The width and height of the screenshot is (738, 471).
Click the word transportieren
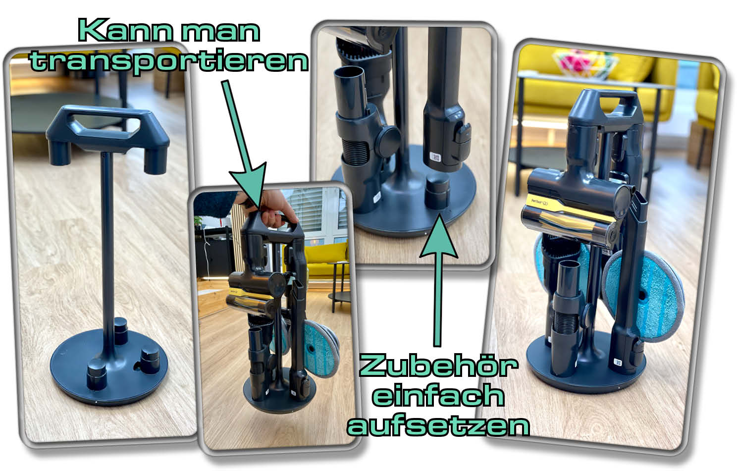click(169, 61)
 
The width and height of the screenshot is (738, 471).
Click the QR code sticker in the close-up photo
click(435, 157)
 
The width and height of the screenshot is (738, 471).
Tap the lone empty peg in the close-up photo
click(437, 193)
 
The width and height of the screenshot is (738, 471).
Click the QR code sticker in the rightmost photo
click(618, 362)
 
